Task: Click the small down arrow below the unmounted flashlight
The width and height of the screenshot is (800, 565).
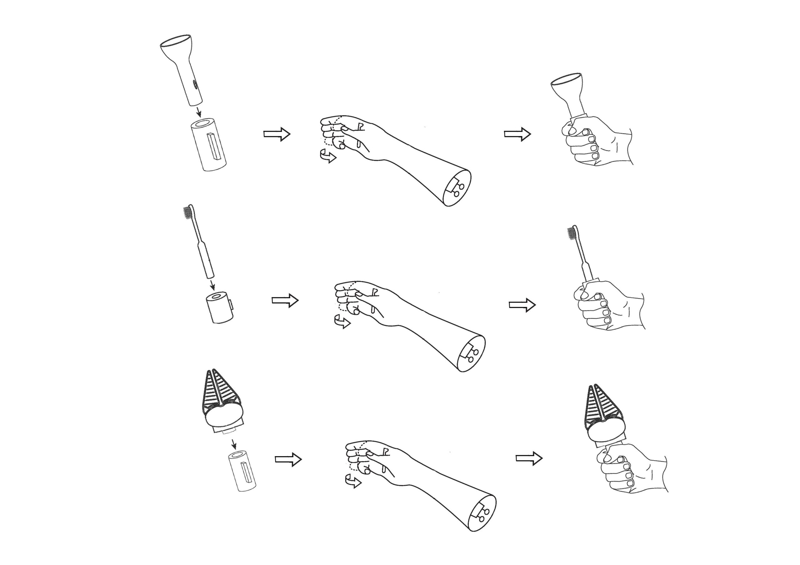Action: (199, 112)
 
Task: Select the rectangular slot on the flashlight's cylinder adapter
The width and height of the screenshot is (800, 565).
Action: (213, 146)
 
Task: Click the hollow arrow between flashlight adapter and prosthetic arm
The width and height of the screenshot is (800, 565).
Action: (277, 134)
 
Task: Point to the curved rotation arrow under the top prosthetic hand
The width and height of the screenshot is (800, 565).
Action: (328, 156)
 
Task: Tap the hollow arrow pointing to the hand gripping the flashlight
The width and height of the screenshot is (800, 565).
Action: (517, 134)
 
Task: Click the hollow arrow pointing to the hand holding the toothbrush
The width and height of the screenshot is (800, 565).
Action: (522, 305)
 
